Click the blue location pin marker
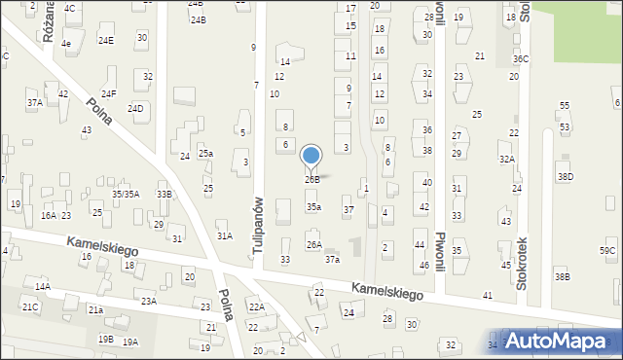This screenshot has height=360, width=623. point(311,157)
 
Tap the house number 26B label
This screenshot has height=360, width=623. point(311,180)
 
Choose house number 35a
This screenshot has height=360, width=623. point(313,207)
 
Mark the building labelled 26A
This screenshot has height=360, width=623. point(313,245)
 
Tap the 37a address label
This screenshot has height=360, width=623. point(333,260)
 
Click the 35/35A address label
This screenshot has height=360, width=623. point(126,194)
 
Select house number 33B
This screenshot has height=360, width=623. point(165,195)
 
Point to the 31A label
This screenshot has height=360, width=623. point(224,235)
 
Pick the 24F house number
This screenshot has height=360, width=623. point(108,93)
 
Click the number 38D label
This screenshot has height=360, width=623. point(565,176)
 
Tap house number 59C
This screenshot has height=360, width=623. point(607,251)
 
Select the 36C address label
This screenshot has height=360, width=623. point(522,58)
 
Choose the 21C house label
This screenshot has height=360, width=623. point(30,307)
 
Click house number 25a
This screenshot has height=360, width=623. point(205,154)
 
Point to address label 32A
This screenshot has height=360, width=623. point(506,159)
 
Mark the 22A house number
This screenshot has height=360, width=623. point(256,307)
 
